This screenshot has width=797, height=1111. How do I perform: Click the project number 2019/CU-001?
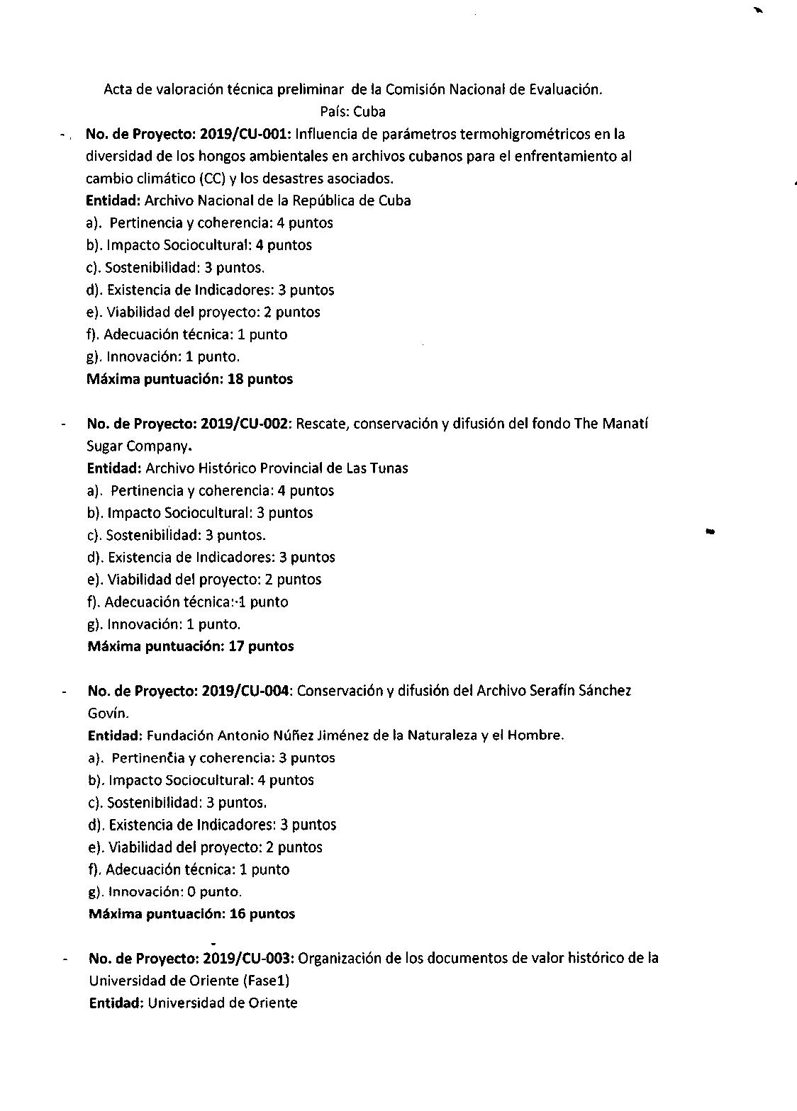click(x=246, y=134)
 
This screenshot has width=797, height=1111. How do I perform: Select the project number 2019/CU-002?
click(x=246, y=424)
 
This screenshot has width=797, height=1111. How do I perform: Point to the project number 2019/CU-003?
click(x=247, y=959)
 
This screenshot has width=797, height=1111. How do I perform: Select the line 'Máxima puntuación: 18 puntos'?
click(x=189, y=379)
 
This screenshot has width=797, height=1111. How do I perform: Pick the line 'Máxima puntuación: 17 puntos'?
click(x=190, y=646)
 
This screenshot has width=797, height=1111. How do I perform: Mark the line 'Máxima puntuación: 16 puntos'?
click(x=191, y=914)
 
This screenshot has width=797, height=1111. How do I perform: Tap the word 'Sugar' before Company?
click(x=105, y=446)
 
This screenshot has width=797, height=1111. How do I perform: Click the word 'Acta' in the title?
click(x=118, y=89)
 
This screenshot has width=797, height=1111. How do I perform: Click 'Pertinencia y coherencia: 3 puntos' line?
click(x=212, y=758)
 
